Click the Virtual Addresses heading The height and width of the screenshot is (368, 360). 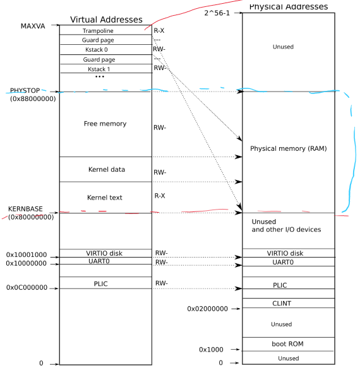tap(105, 20)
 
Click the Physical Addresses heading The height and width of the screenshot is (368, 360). tap(289, 7)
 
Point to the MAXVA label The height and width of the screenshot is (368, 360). tap(33, 26)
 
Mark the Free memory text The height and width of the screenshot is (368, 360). tap(105, 124)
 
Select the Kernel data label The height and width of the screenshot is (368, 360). tap(106, 170)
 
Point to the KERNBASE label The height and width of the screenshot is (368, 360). tap(27, 209)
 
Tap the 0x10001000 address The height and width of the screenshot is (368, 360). tap(26, 255)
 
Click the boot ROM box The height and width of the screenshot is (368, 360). tap(282, 343)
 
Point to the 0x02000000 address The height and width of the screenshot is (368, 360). tap(207, 309)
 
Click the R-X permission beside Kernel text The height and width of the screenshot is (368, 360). tap(160, 196)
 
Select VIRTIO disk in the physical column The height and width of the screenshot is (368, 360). tap(282, 252)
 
